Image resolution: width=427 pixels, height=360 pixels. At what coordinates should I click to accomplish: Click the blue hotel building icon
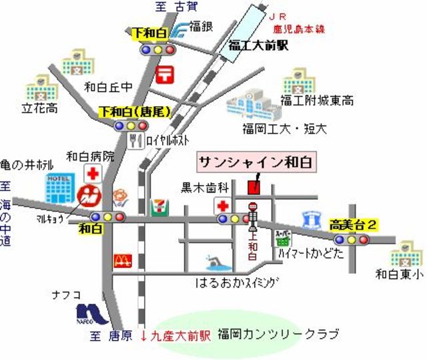(x=59, y=189)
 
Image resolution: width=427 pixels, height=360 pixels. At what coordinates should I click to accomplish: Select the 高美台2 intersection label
(x=353, y=226)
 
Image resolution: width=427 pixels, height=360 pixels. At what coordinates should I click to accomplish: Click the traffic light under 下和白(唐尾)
(x=130, y=125)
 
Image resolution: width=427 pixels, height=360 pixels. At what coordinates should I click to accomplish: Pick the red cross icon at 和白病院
(x=91, y=175)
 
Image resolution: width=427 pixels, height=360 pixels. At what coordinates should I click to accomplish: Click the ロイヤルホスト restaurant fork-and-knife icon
(x=137, y=140)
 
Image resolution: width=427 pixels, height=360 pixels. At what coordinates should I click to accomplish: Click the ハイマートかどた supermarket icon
(x=282, y=237)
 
